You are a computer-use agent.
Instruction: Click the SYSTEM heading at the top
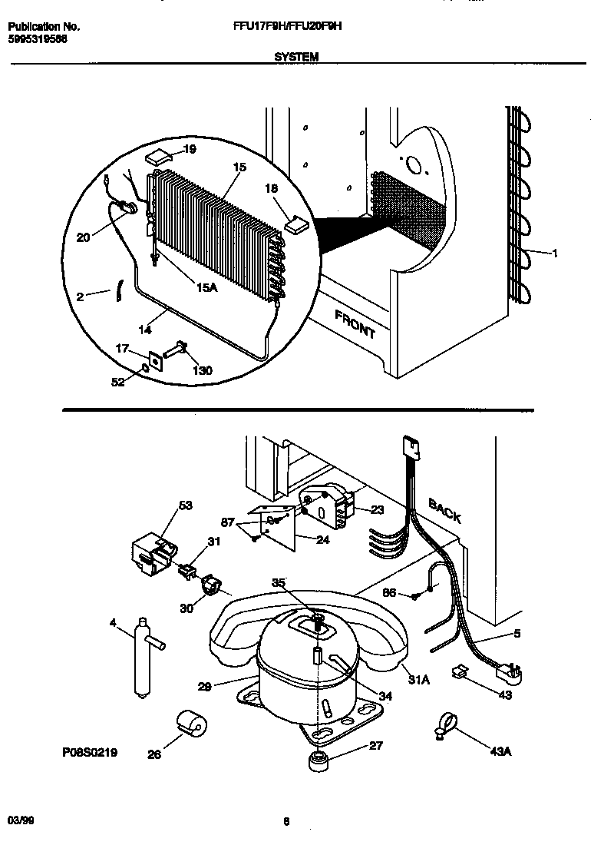click(295, 56)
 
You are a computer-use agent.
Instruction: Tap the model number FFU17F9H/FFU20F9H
click(287, 26)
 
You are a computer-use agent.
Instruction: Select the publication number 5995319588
click(38, 38)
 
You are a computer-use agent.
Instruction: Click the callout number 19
click(190, 149)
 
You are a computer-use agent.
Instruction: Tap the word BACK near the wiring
click(444, 510)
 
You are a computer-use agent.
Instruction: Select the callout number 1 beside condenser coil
click(555, 252)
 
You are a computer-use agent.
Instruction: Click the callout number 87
click(229, 522)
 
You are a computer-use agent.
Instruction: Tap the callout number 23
click(376, 509)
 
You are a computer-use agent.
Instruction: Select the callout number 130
click(202, 370)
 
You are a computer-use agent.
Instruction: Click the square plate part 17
click(157, 359)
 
